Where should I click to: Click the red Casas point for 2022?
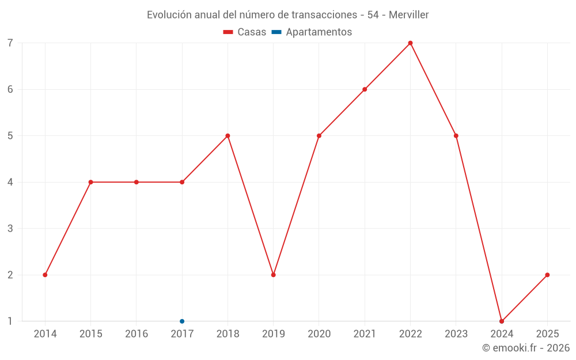click(x=410, y=43)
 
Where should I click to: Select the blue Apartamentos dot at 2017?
click(x=182, y=321)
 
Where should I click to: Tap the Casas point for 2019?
click(x=273, y=275)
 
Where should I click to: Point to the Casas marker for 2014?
click(x=45, y=275)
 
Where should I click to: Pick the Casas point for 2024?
click(x=502, y=321)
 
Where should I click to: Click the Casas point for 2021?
click(x=365, y=89)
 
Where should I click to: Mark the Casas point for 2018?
click(x=228, y=136)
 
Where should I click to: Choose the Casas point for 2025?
click(x=547, y=275)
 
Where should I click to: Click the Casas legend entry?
click(x=245, y=32)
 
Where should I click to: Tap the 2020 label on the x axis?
click(x=319, y=334)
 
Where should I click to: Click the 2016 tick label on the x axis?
click(x=137, y=334)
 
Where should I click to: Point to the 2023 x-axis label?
click(x=456, y=334)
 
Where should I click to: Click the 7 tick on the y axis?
click(x=10, y=43)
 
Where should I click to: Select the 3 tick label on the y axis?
click(x=10, y=229)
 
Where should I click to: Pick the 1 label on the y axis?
click(x=10, y=321)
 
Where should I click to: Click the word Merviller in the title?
click(x=408, y=15)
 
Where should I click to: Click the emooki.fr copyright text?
click(x=526, y=348)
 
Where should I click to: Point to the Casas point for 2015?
click(x=90, y=182)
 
